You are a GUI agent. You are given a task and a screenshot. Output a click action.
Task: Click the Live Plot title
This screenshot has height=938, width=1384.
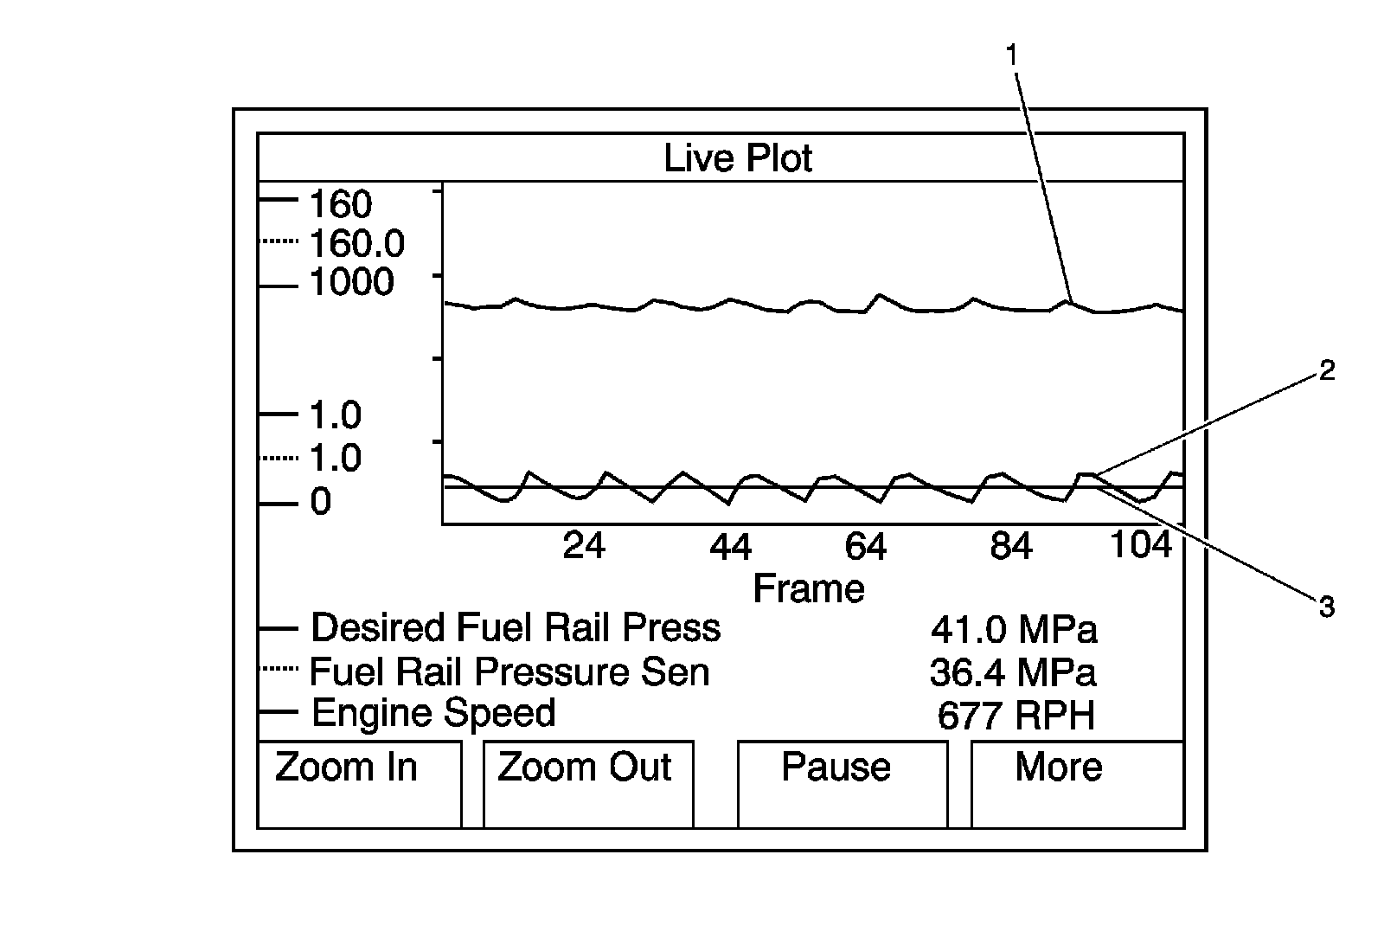738,158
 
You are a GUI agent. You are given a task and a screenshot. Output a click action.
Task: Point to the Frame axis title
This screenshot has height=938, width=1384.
809,588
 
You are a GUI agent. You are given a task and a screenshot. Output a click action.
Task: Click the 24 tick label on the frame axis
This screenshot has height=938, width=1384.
584,546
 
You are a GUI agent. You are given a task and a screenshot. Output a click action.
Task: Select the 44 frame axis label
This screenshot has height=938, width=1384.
731,546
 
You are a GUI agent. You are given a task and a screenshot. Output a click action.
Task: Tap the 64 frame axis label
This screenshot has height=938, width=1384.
866,546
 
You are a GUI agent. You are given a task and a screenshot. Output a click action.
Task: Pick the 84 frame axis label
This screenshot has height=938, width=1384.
1011,546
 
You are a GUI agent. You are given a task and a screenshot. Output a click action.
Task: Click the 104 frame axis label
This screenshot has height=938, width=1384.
1141,545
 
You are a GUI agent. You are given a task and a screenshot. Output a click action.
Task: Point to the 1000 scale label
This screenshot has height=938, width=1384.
351,282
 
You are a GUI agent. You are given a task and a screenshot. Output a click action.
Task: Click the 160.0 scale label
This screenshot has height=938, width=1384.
356,244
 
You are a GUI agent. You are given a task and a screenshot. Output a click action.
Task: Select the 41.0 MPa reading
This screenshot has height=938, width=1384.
1014,629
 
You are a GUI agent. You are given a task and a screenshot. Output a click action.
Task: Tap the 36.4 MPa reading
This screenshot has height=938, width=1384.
1013,672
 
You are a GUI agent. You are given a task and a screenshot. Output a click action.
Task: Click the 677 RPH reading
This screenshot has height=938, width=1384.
1016,716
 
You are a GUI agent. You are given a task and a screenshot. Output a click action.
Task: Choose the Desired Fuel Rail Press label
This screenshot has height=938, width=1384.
516,627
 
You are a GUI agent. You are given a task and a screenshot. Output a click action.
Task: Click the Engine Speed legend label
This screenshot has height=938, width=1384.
433,712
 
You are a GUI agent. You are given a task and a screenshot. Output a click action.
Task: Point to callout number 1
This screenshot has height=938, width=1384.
1011,55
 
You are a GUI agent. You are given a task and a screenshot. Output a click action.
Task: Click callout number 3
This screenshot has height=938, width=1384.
1326,607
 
